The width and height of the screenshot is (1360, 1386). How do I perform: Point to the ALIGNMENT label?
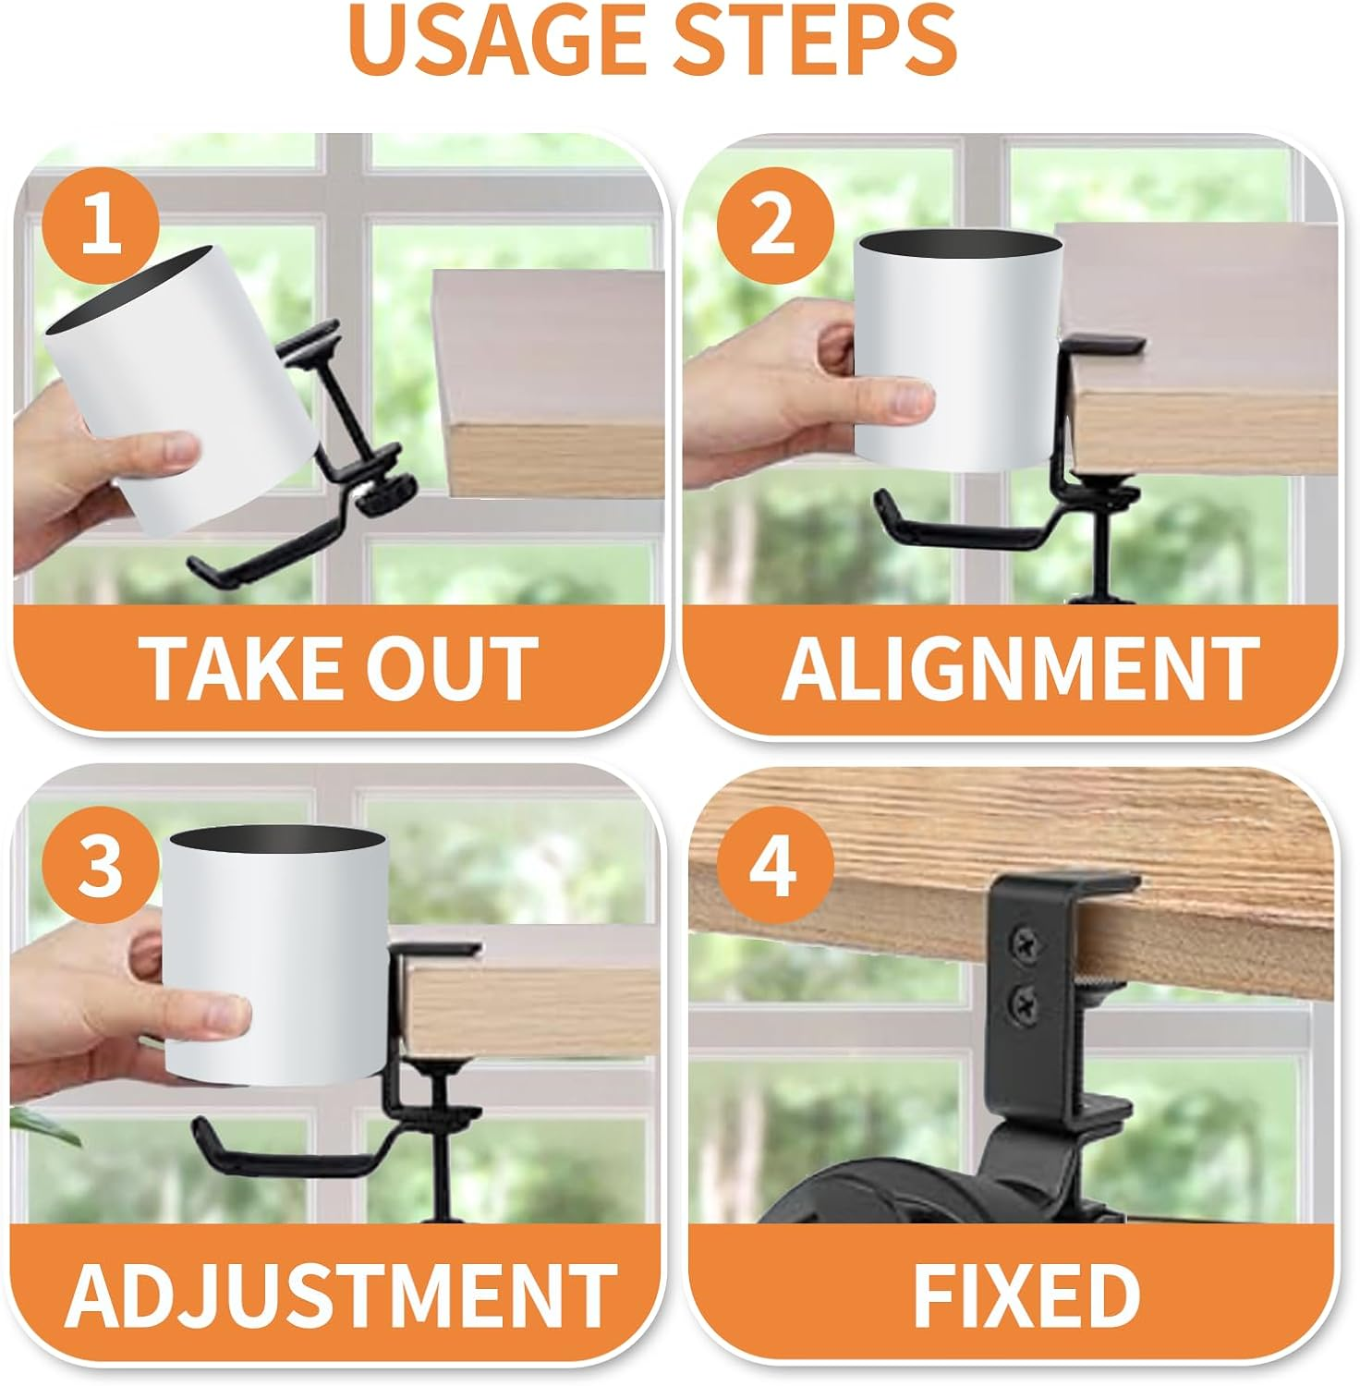coord(1019,667)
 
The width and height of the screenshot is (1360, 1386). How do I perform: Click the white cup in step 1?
coord(185,388)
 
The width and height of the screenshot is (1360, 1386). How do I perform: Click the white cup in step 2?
coord(956,356)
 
